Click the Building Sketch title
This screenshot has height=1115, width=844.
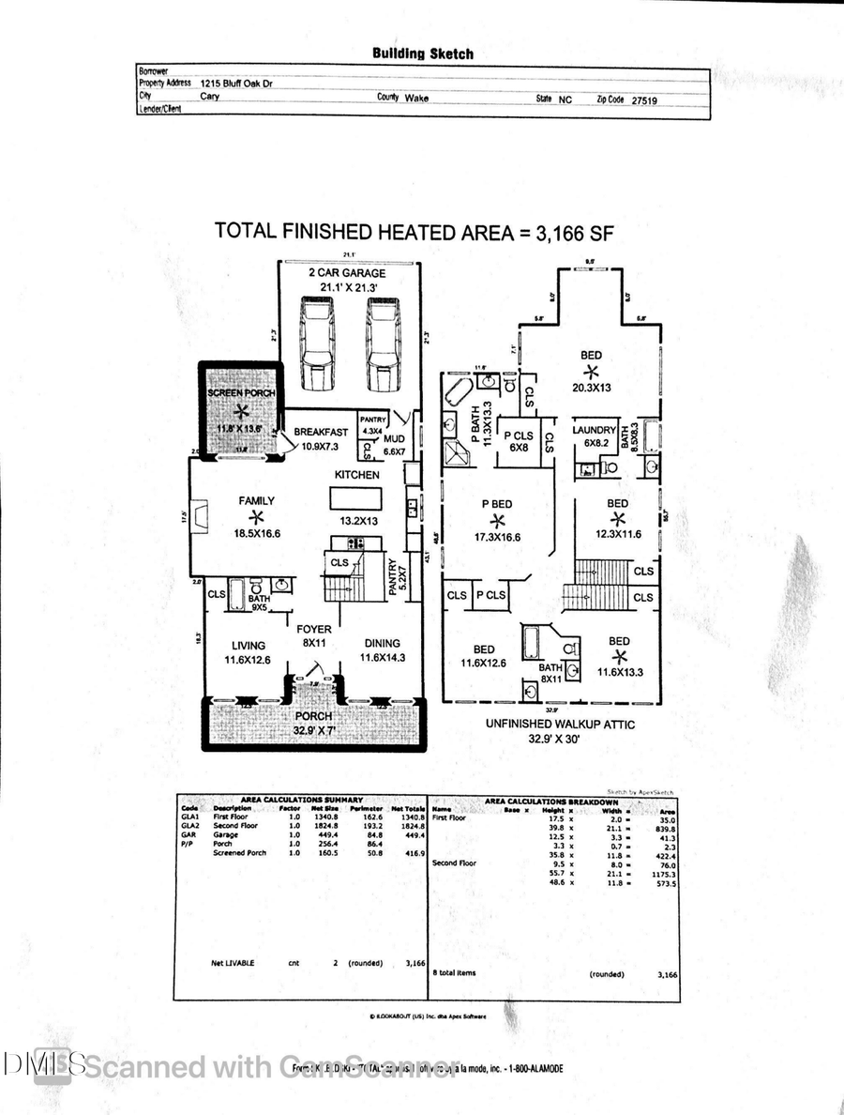click(x=422, y=53)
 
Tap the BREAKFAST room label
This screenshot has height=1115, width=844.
click(x=322, y=432)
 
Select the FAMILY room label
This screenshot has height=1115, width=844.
click(x=256, y=501)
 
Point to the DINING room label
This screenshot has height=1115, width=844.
click(x=383, y=644)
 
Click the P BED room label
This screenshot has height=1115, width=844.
click(x=497, y=503)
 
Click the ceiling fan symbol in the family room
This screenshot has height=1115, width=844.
click(x=256, y=517)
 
